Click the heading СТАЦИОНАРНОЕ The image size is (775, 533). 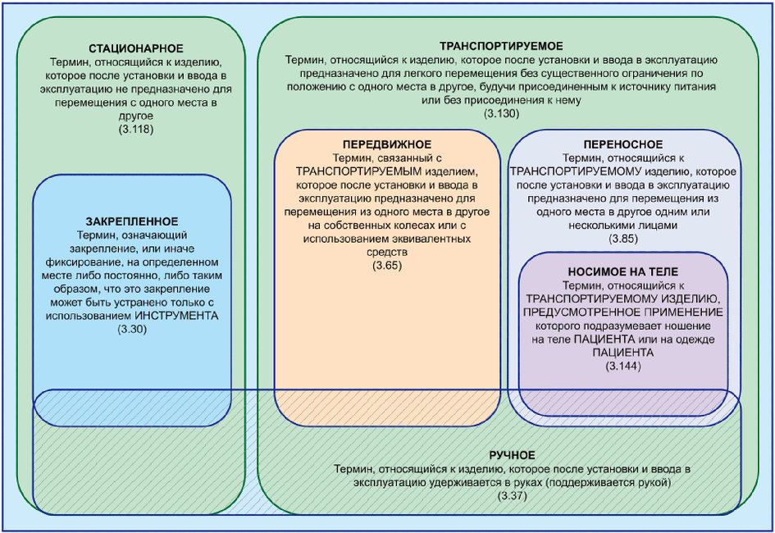pyautogui.click(x=136, y=48)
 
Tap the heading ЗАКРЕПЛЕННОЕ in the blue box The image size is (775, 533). pyautogui.click(x=132, y=221)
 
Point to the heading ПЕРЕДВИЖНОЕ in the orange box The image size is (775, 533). pyautogui.click(x=386, y=144)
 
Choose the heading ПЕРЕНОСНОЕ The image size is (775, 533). pyautogui.click(x=624, y=143)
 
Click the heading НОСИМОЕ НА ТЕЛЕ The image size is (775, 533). pyautogui.click(x=624, y=271)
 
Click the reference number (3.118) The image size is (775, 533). pyautogui.click(x=136, y=130)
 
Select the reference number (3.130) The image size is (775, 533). pyautogui.click(x=501, y=113)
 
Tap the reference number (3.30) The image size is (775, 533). pyautogui.click(x=132, y=328)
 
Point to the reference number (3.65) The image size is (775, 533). pyautogui.click(x=386, y=266)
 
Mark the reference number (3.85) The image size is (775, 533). pyautogui.click(x=624, y=238)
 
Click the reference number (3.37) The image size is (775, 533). pyautogui.click(x=512, y=496)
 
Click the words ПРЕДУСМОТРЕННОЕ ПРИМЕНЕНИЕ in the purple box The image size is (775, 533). pyautogui.click(x=624, y=312)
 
